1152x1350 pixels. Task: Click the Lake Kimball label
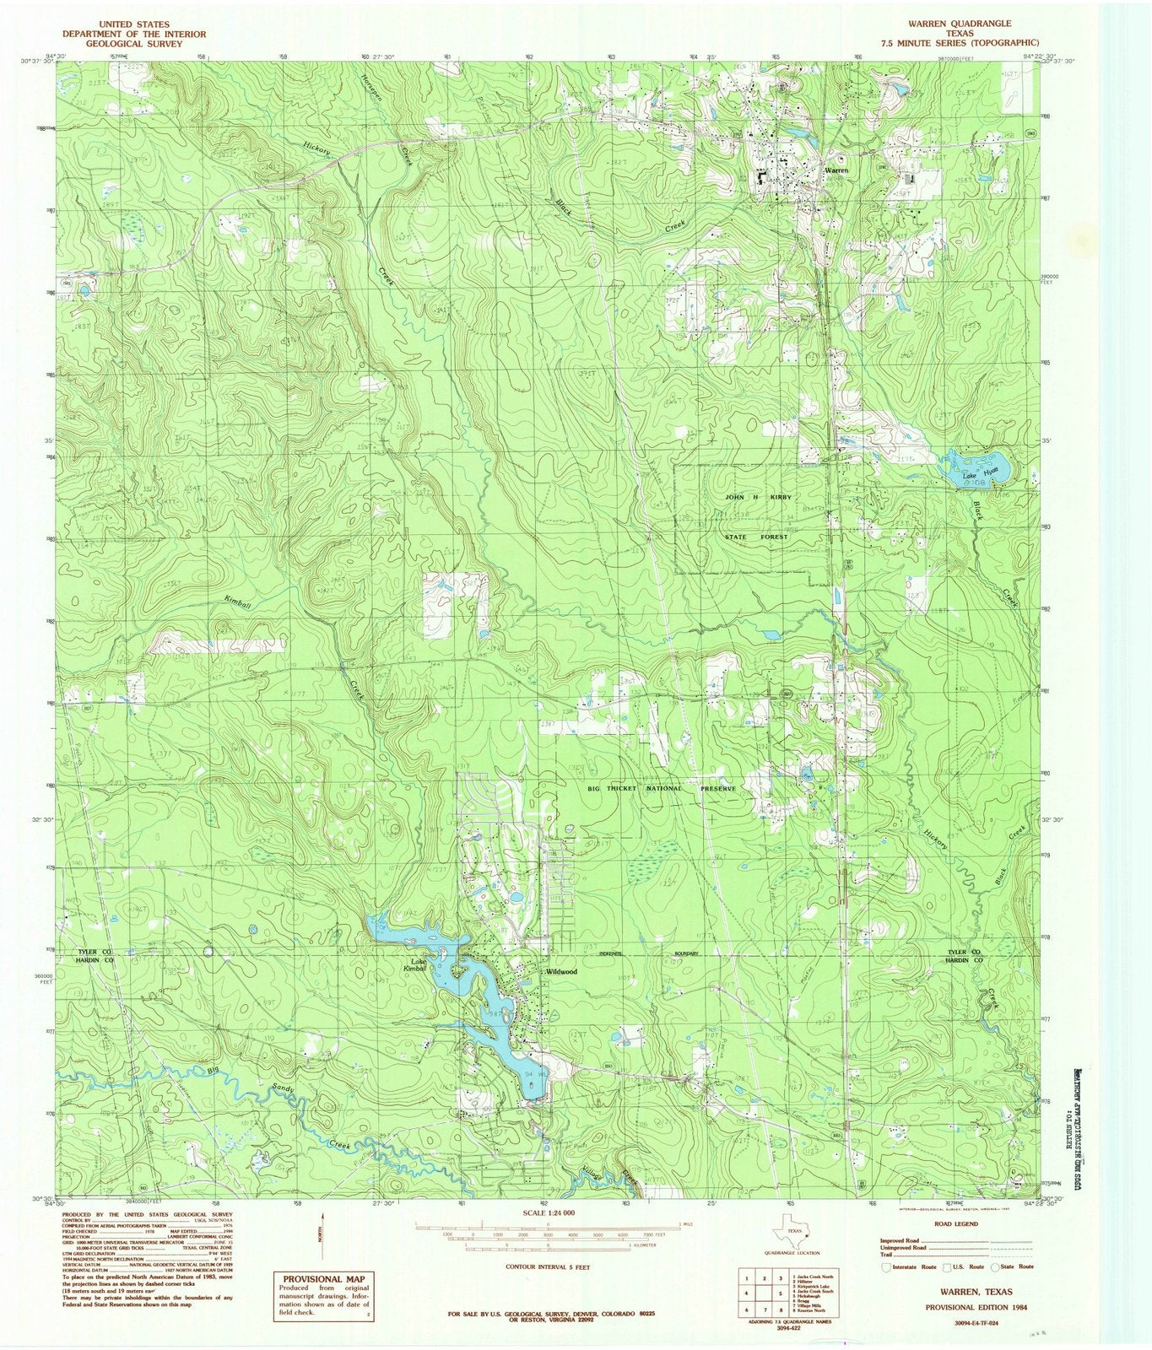(415, 965)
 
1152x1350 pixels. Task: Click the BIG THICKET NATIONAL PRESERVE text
(661, 788)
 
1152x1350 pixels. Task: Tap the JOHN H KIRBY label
(758, 498)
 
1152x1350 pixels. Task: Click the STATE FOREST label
(757, 536)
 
